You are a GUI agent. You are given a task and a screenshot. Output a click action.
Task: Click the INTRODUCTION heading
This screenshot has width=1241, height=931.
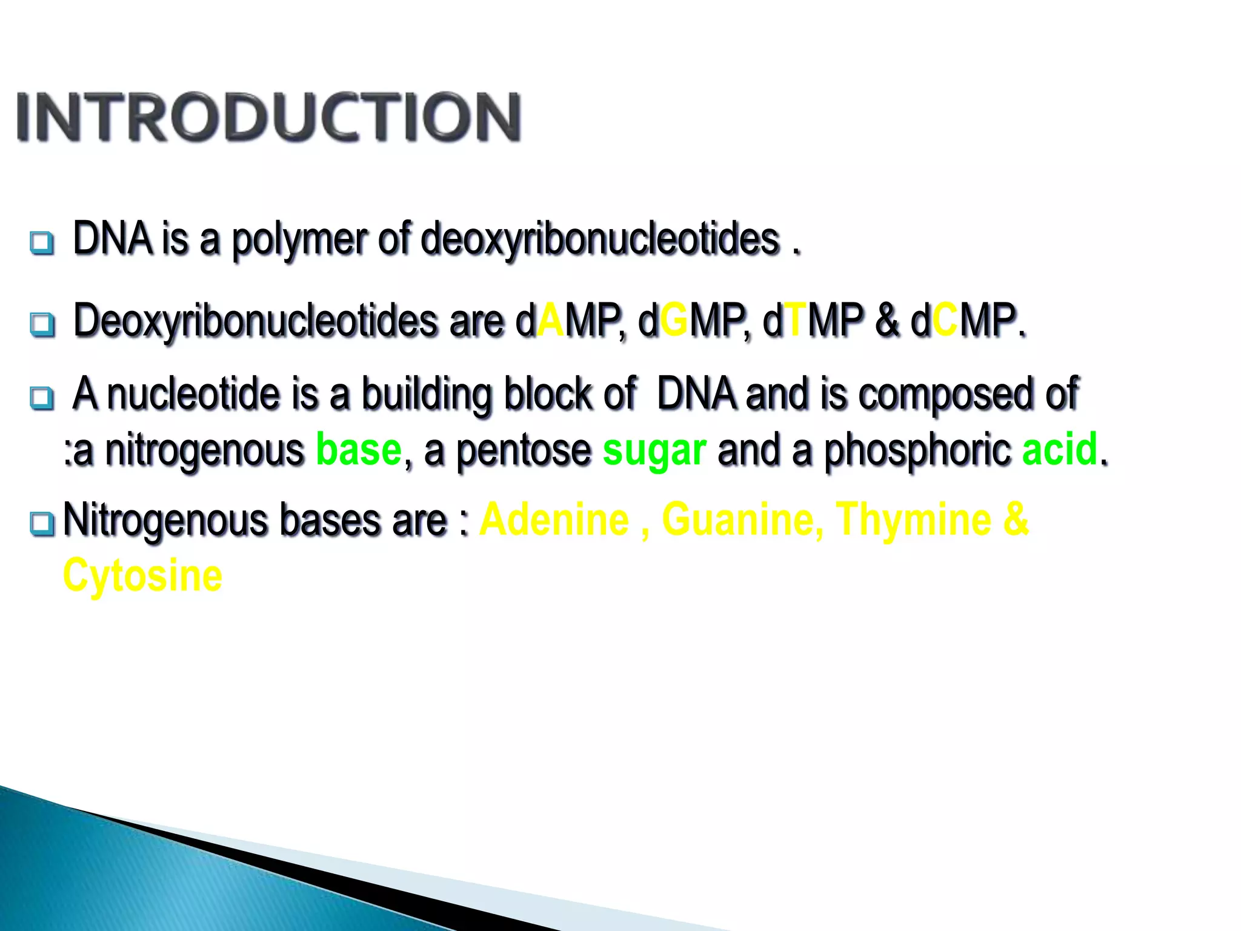click(x=268, y=118)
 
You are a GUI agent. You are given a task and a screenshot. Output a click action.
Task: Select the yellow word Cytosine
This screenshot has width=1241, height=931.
click(x=143, y=576)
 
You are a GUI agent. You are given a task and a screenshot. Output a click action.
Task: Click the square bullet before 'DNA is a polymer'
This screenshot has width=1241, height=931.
click(x=42, y=243)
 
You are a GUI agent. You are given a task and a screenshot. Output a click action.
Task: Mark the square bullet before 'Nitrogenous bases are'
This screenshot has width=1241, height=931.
click(x=42, y=524)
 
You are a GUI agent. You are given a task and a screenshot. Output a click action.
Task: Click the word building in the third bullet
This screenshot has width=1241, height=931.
click(x=427, y=395)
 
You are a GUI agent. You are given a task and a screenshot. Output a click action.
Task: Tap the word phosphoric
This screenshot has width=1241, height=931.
click(x=917, y=451)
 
